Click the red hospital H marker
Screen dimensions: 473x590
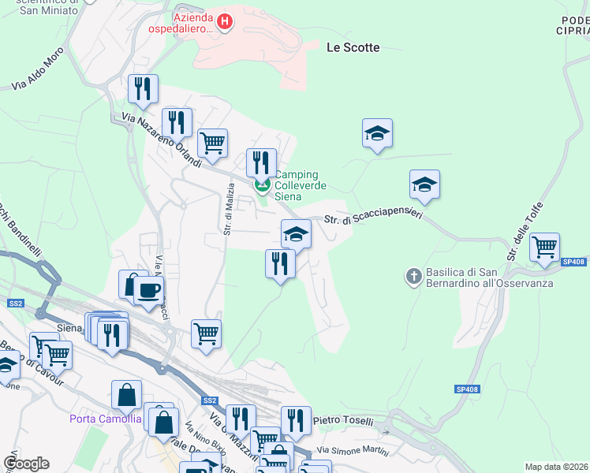[x=225, y=21]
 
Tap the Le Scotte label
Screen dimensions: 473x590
[x=353, y=47]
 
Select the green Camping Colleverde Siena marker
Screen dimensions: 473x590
[x=262, y=186]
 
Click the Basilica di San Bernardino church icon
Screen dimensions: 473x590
[x=413, y=276]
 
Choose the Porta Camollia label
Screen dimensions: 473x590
[x=105, y=418]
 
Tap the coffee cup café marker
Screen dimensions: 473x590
[x=147, y=289]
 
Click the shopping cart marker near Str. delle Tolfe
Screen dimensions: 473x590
[x=544, y=247]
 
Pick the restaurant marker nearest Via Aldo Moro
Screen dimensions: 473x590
[x=143, y=88]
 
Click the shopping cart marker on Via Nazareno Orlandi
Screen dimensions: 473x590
[x=212, y=143]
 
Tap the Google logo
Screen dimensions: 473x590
[x=26, y=464]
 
